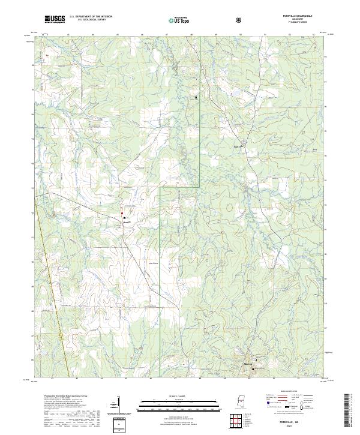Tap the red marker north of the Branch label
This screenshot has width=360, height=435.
122,213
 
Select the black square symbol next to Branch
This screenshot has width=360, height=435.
124,218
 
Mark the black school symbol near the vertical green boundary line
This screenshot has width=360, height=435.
195,97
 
